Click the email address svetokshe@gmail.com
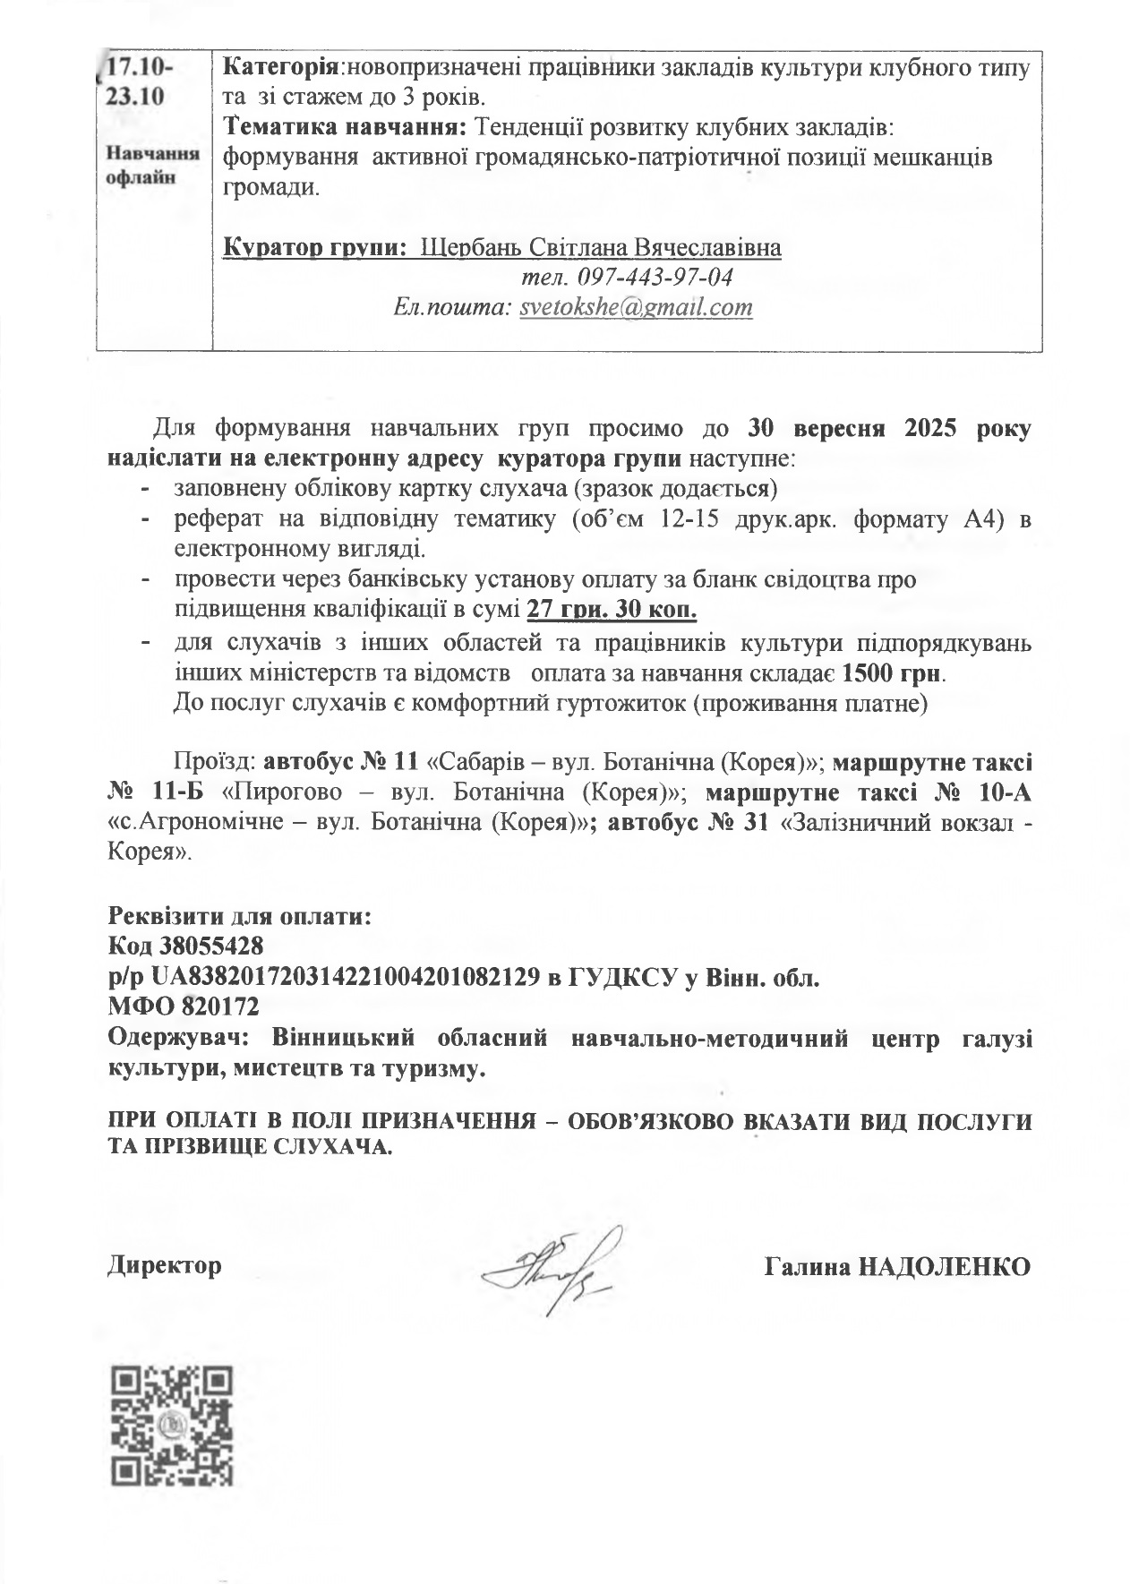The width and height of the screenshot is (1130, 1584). (636, 308)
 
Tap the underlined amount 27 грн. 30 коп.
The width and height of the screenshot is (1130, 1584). (612, 611)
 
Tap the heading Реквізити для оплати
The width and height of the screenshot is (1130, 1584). (239, 917)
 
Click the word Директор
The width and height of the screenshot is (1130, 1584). (165, 1266)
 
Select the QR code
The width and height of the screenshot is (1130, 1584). (171, 1426)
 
